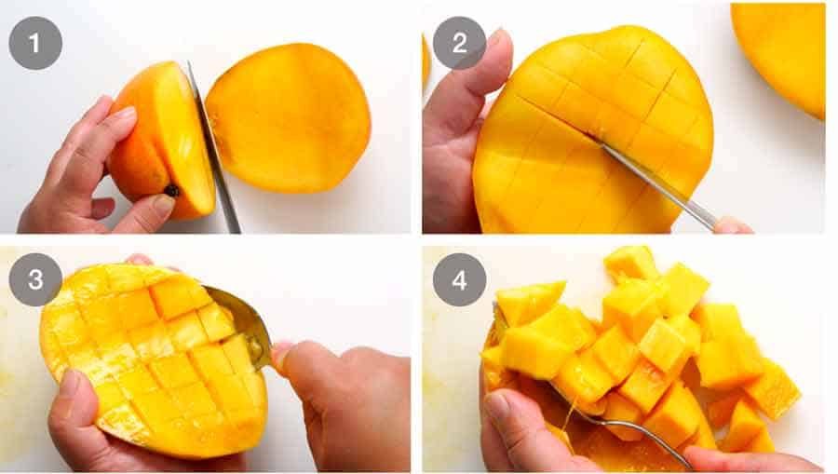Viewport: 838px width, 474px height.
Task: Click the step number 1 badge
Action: [x=35, y=43]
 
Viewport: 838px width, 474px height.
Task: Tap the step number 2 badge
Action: [x=459, y=43]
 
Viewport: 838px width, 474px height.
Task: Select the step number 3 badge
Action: [x=35, y=279]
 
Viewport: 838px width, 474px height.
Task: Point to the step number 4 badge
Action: [x=459, y=279]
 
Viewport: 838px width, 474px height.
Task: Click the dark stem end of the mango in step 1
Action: [x=172, y=191]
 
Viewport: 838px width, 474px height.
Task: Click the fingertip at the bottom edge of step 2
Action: [x=732, y=225]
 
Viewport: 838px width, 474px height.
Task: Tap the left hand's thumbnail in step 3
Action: [x=70, y=383]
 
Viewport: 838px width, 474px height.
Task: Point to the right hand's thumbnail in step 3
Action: [x=280, y=355]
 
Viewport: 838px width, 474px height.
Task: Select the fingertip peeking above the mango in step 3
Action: [x=140, y=260]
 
